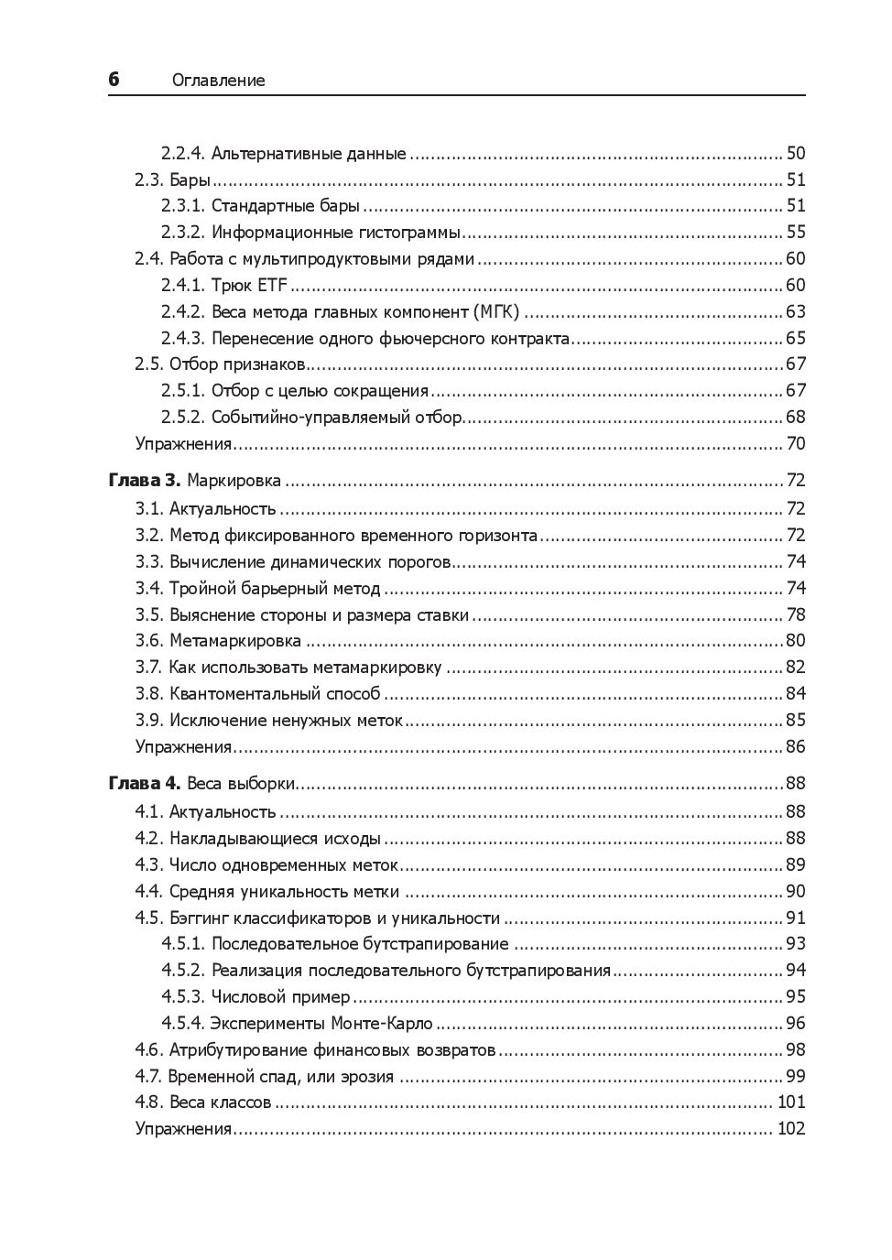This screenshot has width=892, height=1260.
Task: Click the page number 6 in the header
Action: tap(114, 80)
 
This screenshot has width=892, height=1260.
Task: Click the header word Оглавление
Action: tap(218, 81)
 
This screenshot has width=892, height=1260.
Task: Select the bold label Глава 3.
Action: tap(145, 481)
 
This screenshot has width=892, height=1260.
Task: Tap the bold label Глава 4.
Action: tap(145, 784)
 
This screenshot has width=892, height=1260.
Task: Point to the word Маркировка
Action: tap(234, 481)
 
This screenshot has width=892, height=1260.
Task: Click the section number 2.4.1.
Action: tap(183, 285)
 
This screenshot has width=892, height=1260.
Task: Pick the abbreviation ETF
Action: tap(272, 285)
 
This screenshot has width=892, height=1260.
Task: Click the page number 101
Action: tap(790, 1102)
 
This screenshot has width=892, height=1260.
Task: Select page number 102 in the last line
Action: tap(790, 1129)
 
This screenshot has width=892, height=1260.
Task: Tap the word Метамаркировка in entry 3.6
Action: tap(235, 641)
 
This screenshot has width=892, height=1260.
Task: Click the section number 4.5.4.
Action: tap(183, 1024)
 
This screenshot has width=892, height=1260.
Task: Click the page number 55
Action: tap(795, 232)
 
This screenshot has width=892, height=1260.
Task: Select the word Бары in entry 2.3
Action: tap(190, 179)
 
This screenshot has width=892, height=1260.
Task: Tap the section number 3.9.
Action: tap(148, 721)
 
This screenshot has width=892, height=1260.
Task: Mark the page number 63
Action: tap(795, 311)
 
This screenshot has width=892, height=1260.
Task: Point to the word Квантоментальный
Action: tap(275, 694)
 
